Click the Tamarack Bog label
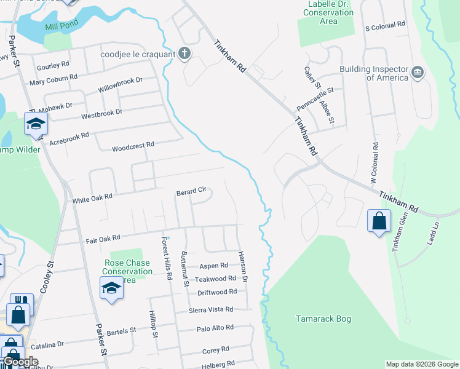(323, 319)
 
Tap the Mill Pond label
(61, 26)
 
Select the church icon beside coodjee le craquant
(183, 54)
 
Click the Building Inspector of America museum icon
(418, 73)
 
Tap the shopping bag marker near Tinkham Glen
(379, 221)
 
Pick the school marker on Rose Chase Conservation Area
(111, 288)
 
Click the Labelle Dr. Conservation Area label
(328, 12)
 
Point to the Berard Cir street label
(191, 192)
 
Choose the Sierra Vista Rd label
(211, 309)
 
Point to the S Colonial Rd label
(386, 25)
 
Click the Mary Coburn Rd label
(54, 79)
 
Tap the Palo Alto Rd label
(215, 328)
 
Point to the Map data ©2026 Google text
(421, 364)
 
